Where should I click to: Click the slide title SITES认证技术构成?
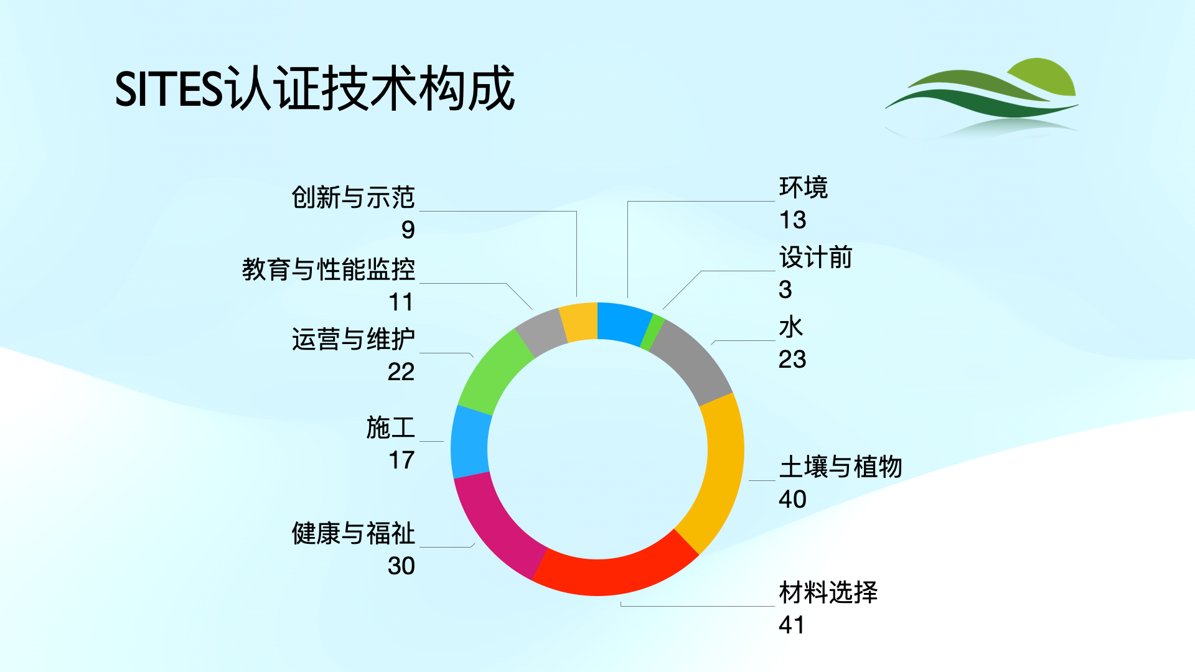pyautogui.click(x=315, y=89)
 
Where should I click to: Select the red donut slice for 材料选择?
pyautogui.click(x=613, y=571)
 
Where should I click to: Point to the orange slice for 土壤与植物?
pyautogui.click(x=719, y=473)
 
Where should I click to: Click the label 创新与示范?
pyautogui.click(x=353, y=197)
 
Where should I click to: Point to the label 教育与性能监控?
pyautogui.click(x=328, y=269)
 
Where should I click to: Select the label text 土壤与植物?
pyautogui.click(x=840, y=467)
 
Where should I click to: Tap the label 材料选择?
pyautogui.click(x=828, y=592)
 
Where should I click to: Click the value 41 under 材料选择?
pyautogui.click(x=791, y=625)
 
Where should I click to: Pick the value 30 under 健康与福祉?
pyautogui.click(x=401, y=566)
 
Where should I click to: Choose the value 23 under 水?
pyautogui.click(x=792, y=359)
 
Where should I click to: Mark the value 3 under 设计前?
pyautogui.click(x=785, y=289)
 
